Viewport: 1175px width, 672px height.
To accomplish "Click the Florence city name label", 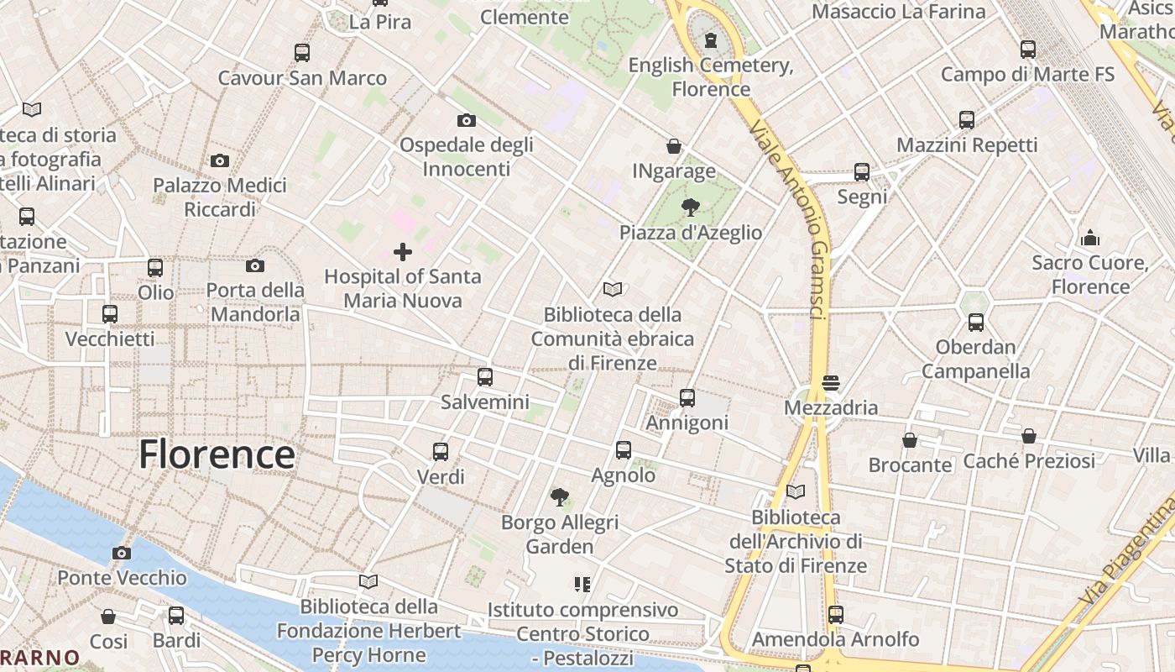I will (217, 454).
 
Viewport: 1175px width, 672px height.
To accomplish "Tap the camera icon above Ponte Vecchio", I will (122, 553).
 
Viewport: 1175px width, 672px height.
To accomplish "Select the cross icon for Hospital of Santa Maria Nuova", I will (403, 252).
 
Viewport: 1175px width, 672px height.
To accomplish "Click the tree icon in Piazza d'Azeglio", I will (691, 207).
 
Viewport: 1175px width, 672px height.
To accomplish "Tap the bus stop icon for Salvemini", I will (485, 377).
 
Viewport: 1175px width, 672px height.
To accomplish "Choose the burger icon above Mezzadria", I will (831, 383).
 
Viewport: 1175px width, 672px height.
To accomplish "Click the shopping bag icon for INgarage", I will (674, 146).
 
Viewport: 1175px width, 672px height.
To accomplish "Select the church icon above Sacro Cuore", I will (1090, 238).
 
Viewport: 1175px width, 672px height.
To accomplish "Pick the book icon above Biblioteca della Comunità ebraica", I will (613, 290).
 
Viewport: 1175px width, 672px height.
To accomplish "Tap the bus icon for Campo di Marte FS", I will (1028, 49).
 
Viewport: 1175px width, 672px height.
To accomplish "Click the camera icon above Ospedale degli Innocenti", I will (467, 120).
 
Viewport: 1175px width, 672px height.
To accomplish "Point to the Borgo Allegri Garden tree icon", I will (560, 497).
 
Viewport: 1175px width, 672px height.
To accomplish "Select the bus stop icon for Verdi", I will (441, 452).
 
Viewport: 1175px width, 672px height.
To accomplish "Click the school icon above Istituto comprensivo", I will (582, 584).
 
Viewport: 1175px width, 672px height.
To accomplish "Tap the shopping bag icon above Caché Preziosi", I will (1029, 436).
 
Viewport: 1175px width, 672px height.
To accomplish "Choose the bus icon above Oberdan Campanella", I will (975, 322).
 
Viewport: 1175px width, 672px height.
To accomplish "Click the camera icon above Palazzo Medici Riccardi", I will (220, 160).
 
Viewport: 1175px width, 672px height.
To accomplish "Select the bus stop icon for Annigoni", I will (687, 398).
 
